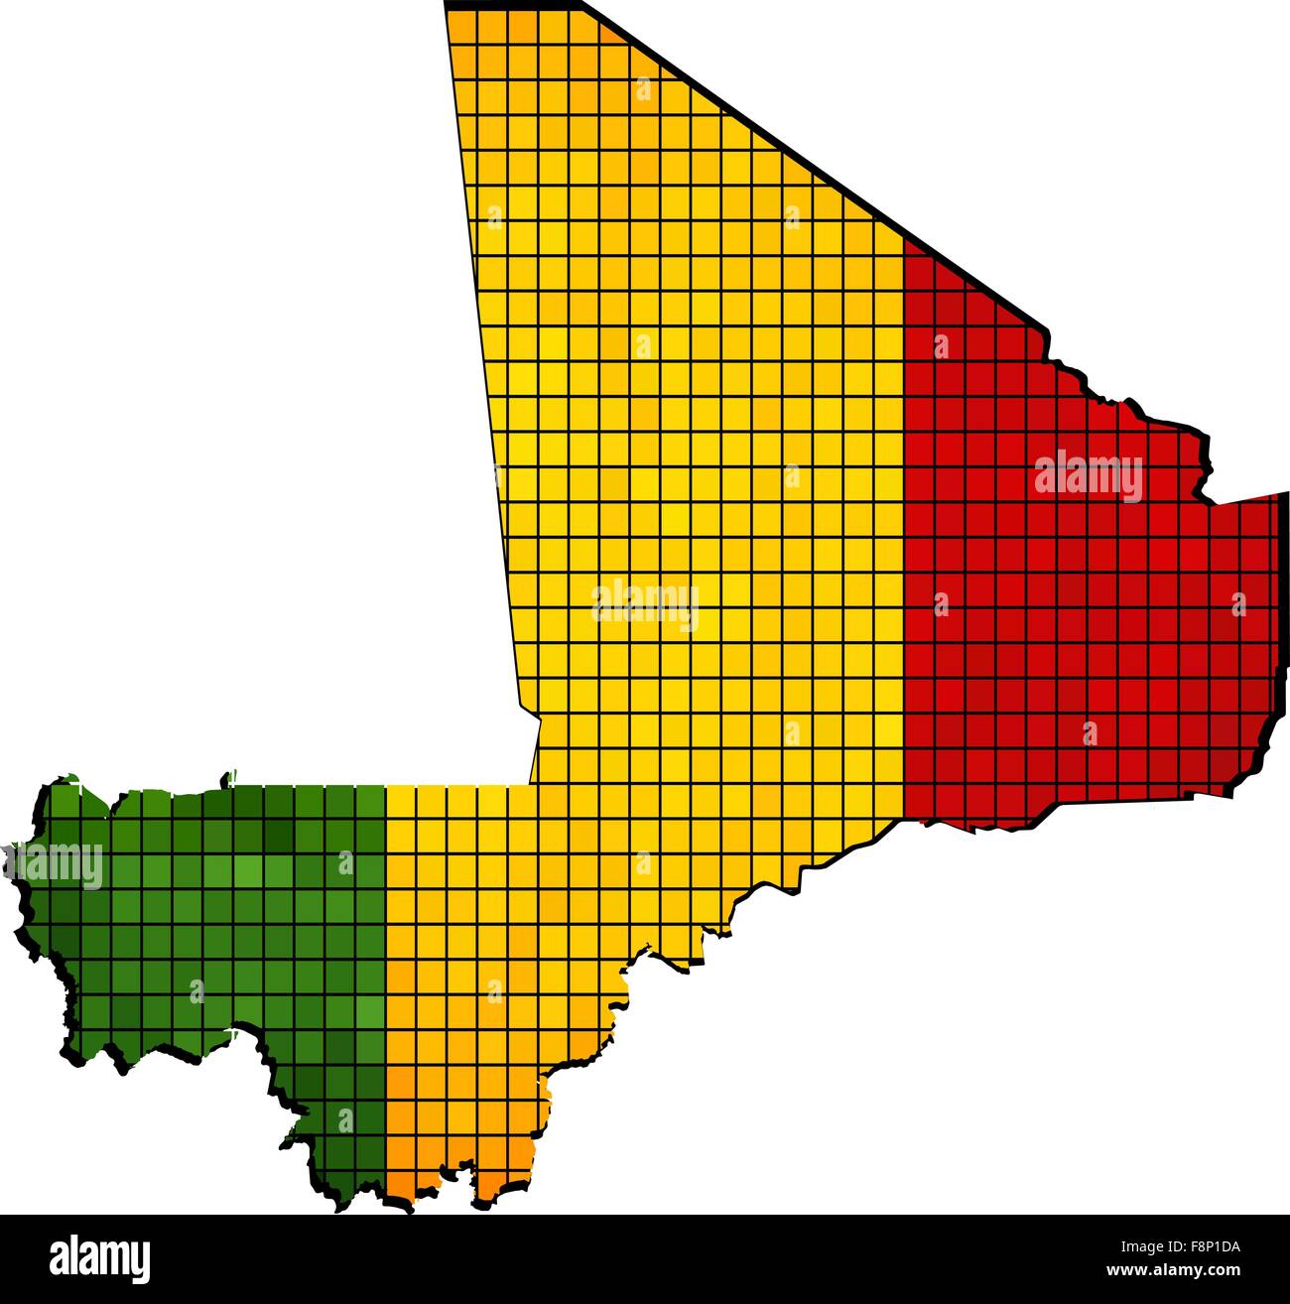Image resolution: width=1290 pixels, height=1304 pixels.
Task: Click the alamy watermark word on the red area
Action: pos(1089,477)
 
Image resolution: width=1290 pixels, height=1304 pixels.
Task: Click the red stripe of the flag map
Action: pos(1042,615)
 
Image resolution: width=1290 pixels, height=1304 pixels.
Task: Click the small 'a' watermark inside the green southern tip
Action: pos(345,1119)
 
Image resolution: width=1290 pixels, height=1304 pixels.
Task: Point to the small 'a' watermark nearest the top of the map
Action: pos(643,90)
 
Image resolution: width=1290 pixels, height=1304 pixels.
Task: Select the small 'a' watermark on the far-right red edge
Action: pos(1237,602)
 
